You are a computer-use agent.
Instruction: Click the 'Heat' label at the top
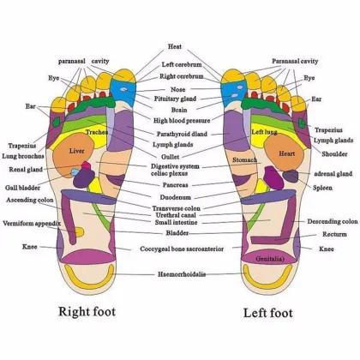[175, 46]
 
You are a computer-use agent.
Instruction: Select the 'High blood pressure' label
[180, 121]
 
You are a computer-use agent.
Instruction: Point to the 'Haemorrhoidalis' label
[180, 274]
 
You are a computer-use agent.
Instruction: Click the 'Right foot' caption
[87, 311]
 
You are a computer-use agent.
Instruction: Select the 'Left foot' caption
[269, 312]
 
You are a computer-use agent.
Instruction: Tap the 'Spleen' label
[323, 187]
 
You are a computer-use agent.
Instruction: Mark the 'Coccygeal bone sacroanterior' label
[180, 249]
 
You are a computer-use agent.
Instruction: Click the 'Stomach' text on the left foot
[244, 160]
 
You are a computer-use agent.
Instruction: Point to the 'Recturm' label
[334, 234]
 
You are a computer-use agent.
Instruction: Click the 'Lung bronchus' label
[21, 157]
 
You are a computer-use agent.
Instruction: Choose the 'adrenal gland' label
[333, 173]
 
